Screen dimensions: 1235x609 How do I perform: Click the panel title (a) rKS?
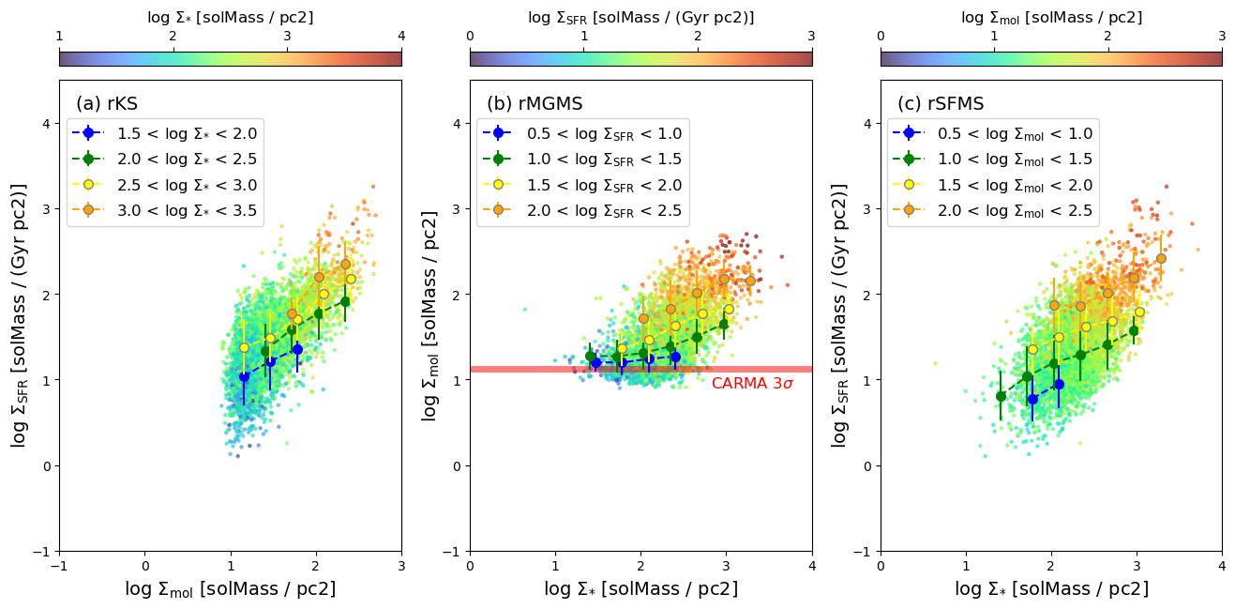click(x=107, y=104)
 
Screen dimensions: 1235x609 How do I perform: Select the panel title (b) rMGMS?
click(x=535, y=104)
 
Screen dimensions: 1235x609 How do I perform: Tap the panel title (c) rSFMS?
click(x=941, y=104)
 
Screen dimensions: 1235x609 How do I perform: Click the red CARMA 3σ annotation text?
click(x=752, y=384)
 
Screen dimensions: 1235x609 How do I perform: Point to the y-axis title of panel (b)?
click(x=429, y=316)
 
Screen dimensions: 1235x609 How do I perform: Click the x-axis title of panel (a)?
click(x=231, y=589)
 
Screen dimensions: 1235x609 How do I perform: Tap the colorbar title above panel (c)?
click(x=1051, y=18)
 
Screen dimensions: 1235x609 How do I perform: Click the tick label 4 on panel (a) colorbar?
click(x=401, y=36)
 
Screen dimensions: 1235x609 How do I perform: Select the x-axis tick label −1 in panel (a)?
click(x=59, y=566)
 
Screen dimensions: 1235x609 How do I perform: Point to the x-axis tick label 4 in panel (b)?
click(x=812, y=566)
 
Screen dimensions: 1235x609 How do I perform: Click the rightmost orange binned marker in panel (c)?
click(x=1161, y=258)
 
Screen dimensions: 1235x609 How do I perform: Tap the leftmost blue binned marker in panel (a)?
click(x=244, y=377)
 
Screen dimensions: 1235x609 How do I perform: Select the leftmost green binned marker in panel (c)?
click(x=1001, y=396)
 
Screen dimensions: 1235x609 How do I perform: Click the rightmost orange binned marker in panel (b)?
click(x=750, y=281)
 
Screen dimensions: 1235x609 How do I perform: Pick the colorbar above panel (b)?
click(x=641, y=59)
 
